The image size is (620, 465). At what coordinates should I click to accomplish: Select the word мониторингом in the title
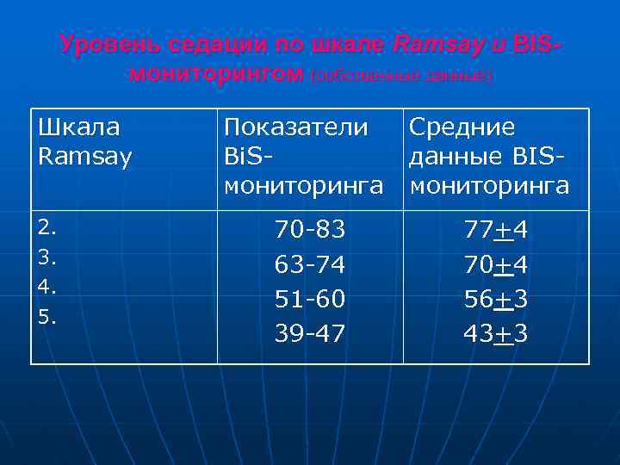point(215,75)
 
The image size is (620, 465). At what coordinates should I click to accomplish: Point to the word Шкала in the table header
point(79,127)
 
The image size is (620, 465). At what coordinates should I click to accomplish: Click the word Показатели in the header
point(295,127)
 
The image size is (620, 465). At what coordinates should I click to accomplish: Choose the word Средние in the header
point(462,127)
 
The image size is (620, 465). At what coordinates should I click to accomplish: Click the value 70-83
point(310,230)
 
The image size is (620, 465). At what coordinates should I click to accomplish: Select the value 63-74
point(310,264)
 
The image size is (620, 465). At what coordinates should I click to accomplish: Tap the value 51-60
point(310,299)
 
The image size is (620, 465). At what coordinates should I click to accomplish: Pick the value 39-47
point(310,333)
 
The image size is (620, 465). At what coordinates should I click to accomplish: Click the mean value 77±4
point(495,230)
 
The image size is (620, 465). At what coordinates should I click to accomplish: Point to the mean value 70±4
point(495,264)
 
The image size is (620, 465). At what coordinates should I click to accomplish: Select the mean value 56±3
point(495,299)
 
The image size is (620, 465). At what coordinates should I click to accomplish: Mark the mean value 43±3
point(495,333)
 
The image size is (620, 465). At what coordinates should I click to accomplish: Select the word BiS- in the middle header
point(250,158)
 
